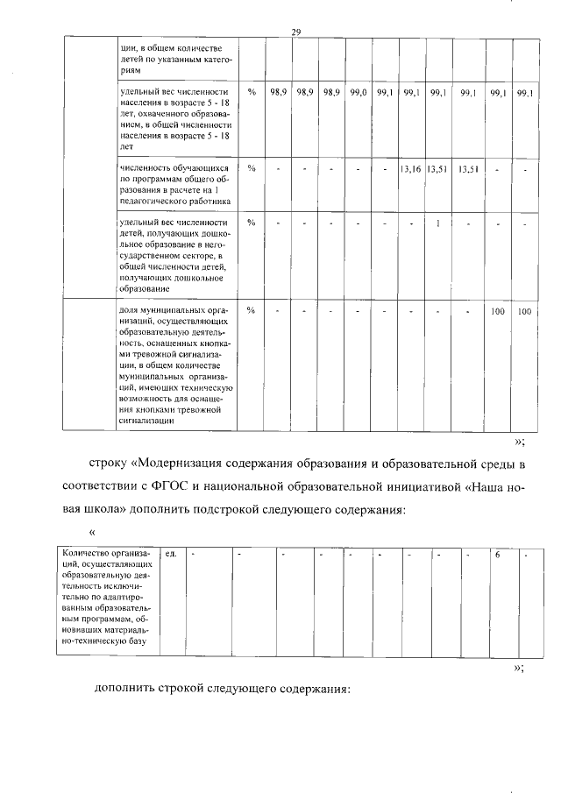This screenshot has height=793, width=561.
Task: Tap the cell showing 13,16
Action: pyautogui.click(x=410, y=168)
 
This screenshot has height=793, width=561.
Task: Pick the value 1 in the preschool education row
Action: pyautogui.click(x=437, y=223)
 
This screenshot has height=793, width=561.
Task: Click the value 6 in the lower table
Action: pyautogui.click(x=497, y=554)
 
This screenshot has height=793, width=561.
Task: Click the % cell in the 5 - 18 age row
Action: pyautogui.click(x=252, y=92)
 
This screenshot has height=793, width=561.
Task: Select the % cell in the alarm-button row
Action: pyautogui.click(x=252, y=311)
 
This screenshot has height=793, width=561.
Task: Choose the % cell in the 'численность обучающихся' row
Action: pyautogui.click(x=252, y=168)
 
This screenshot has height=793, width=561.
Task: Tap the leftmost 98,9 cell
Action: pyautogui.click(x=279, y=92)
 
